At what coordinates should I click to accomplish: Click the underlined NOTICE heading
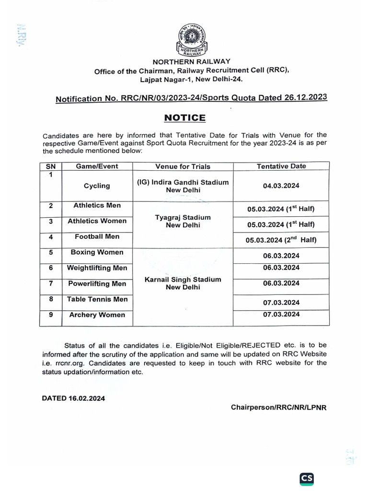coord(185,118)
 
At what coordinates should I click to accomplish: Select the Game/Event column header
coord(97,166)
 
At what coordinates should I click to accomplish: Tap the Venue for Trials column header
coord(183,166)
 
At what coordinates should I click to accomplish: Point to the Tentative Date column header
coord(281,166)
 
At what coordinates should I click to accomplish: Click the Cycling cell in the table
coord(97,186)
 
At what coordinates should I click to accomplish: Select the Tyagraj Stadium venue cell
coord(183,221)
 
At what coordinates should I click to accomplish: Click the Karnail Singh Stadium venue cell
coord(183,283)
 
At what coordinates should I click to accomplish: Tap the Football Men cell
coord(97,236)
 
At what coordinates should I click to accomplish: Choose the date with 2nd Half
coord(281,240)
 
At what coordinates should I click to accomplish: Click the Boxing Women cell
coord(97,252)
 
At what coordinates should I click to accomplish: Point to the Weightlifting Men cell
coord(97,268)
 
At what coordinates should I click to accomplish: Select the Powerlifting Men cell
coord(97,283)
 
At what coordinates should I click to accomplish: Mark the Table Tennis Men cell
coord(97,299)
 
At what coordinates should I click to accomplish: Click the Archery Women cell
coord(97,315)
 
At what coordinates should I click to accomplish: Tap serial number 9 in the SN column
coord(50,315)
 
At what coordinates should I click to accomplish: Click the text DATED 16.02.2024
coord(73,398)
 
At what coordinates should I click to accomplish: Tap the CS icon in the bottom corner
coord(307,478)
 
